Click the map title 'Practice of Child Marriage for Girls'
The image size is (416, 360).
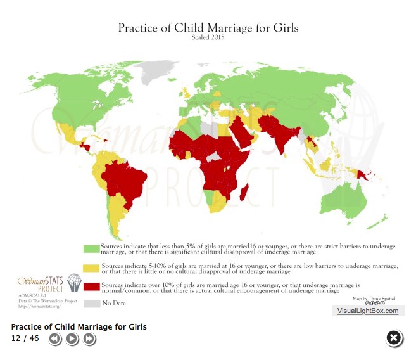[x=208, y=28]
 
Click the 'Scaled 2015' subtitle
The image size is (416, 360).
[x=208, y=37]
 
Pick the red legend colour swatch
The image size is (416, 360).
[x=91, y=286]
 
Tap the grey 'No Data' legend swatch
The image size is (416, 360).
[x=91, y=303]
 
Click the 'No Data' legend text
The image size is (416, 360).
[x=114, y=304]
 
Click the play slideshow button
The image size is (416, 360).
[x=72, y=339]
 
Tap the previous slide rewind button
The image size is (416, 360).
[x=55, y=339]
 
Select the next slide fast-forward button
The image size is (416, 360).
[x=89, y=339]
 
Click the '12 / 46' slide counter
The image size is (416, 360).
[x=25, y=338]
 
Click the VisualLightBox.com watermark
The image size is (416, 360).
[x=367, y=311]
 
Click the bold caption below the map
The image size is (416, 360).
[x=79, y=327]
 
